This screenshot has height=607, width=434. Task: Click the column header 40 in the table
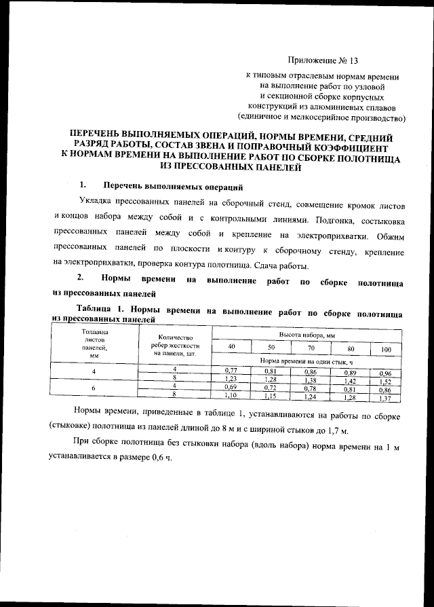tap(232, 349)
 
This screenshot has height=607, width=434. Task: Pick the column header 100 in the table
tap(386, 349)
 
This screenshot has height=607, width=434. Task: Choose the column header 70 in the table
tap(311, 349)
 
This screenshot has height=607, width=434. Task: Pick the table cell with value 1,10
tap(231, 394)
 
